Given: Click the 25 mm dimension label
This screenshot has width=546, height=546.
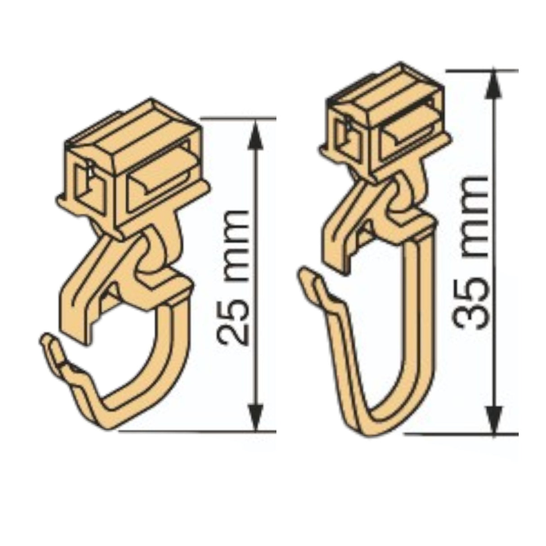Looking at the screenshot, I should [x=233, y=277].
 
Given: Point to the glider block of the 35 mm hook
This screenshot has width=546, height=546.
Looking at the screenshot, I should [x=387, y=121].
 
